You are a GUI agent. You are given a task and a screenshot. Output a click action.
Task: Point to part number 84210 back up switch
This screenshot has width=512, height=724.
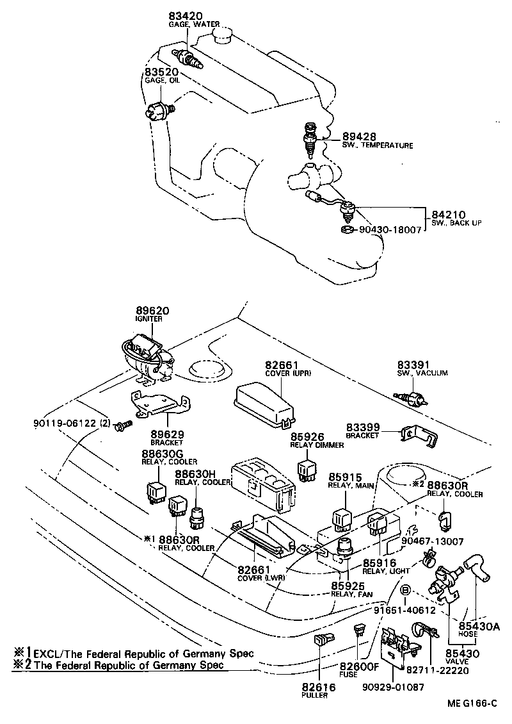pos(448,214)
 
